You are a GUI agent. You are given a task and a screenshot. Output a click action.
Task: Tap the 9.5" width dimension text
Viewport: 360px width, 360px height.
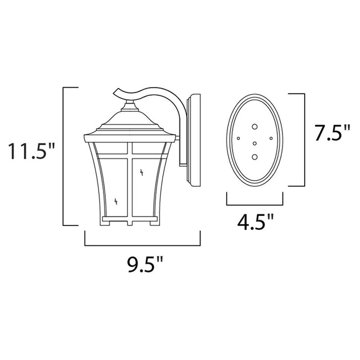pos(141,268)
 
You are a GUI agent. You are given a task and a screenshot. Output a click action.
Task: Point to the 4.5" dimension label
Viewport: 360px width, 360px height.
pos(255,223)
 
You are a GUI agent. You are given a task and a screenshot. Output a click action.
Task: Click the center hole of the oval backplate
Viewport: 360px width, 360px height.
pos(255,144)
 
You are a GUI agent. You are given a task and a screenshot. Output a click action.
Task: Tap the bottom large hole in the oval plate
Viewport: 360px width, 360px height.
pos(255,158)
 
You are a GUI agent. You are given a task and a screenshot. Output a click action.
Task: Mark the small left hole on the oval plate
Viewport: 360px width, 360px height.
pos(239,137)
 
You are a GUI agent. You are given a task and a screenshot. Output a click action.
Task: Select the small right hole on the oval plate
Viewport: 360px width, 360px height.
pos(270,137)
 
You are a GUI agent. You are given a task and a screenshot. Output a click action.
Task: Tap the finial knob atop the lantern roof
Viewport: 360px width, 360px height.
pos(129,103)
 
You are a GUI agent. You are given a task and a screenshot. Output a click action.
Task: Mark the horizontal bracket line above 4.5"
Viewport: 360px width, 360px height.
pos(255,204)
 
